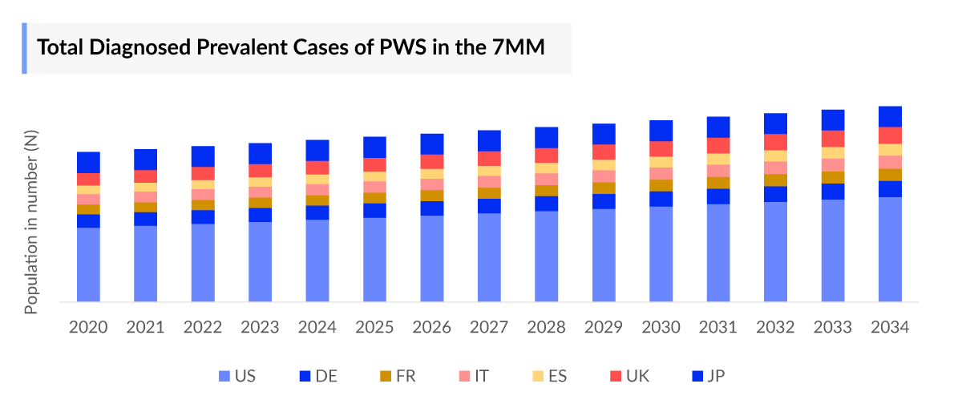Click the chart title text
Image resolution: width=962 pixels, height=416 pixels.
[x=291, y=47]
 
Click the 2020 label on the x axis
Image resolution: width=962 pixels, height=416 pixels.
[x=88, y=328]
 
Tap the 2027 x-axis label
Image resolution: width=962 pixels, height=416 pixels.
[x=489, y=328]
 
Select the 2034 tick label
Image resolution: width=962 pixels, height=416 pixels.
[x=890, y=328]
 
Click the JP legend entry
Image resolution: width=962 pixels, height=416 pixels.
[x=708, y=376]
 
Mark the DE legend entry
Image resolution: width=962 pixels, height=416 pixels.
[x=317, y=376]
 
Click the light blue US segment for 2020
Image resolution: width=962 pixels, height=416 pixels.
[x=88, y=265]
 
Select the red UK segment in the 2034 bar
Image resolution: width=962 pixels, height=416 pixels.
[x=890, y=135]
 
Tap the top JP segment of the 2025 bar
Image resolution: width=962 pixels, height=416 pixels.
[x=374, y=147]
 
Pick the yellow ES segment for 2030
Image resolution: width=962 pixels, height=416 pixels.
[x=661, y=162]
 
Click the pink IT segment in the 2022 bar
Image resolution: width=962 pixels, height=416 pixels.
[x=203, y=194]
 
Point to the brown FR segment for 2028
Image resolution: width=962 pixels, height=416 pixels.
[x=547, y=191]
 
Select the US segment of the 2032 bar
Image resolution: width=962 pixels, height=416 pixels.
[x=775, y=252]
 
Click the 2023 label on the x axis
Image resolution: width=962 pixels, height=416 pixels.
[x=261, y=328]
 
